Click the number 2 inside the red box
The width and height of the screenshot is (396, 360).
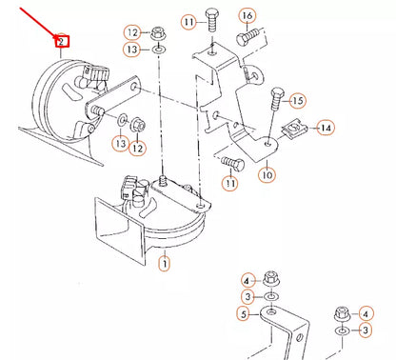pyautogui.click(x=61, y=42)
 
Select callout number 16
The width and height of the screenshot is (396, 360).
pyautogui.click(x=247, y=16)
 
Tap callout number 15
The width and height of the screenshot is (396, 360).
pyautogui.click(x=297, y=100)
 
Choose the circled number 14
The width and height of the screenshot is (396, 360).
pyautogui.click(x=326, y=127)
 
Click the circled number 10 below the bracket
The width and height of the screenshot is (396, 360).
pyautogui.click(x=267, y=174)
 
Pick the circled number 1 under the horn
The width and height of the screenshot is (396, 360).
pyautogui.click(x=164, y=261)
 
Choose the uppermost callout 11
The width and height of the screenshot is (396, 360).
pyautogui.click(x=216, y=21)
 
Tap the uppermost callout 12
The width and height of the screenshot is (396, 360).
pyautogui.click(x=131, y=32)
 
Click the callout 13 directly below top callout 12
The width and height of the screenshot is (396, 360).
pyautogui.click(x=131, y=49)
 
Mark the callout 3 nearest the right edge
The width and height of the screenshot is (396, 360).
pyautogui.click(x=366, y=330)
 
